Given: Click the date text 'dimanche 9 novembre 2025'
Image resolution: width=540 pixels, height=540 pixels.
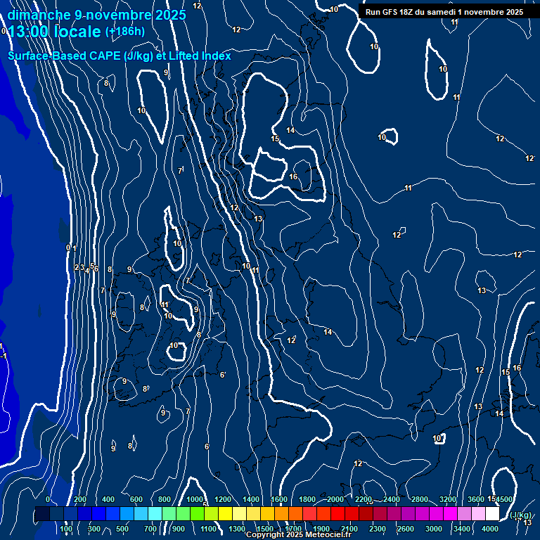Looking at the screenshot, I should (97, 15).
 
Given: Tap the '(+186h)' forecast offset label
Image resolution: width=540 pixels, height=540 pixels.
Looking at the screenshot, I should (124, 31).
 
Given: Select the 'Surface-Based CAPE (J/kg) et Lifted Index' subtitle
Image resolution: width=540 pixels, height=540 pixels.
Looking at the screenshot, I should (120, 56).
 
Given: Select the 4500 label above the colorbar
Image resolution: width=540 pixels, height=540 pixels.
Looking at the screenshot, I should (504, 499).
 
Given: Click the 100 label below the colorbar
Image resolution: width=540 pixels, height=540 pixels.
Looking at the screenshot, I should (67, 529).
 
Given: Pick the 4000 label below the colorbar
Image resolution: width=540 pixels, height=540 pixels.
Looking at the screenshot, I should (490, 529).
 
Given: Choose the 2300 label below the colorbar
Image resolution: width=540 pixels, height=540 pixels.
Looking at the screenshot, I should (377, 529).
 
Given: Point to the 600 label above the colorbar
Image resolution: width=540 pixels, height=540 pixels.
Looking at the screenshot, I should (136, 499).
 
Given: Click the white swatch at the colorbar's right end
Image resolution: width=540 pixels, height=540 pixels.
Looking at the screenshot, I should (492, 514).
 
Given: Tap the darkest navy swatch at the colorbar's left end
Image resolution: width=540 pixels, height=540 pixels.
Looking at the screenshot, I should (42, 514).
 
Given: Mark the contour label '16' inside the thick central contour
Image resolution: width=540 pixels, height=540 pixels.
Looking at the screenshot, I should (293, 176).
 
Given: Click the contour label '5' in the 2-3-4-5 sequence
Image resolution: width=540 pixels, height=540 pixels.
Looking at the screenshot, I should (93, 266).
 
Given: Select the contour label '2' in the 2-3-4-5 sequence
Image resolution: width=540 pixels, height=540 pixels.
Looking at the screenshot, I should (77, 267).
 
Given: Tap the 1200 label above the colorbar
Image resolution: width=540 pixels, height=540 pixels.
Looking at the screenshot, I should (223, 499).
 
